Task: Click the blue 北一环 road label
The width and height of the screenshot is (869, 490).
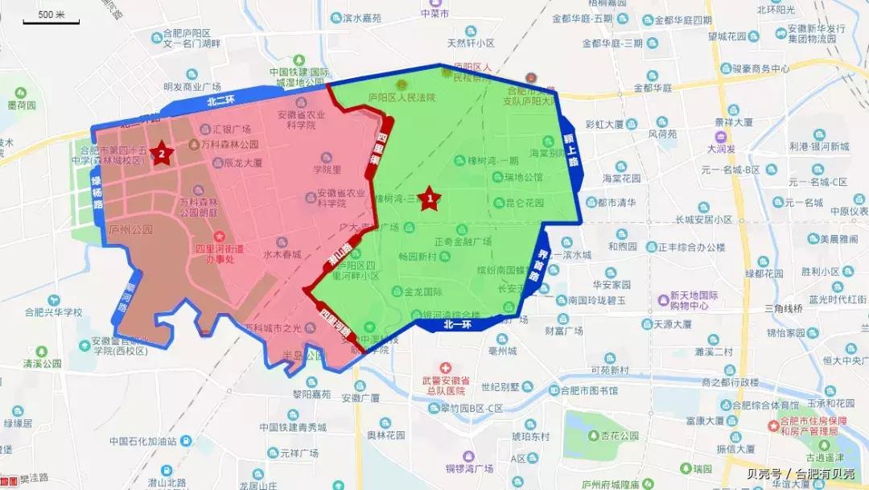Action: click(456, 325)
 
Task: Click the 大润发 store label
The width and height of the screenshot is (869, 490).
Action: click(723, 149)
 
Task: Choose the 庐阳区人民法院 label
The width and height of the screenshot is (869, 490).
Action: click(401, 97)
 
